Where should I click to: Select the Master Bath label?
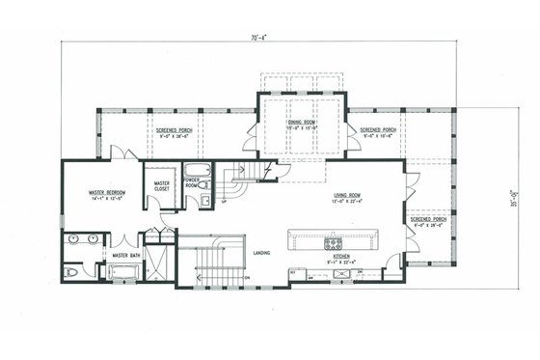[125, 255]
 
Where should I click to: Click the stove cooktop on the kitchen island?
[334, 240]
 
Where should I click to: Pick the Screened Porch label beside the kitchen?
[427, 219]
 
